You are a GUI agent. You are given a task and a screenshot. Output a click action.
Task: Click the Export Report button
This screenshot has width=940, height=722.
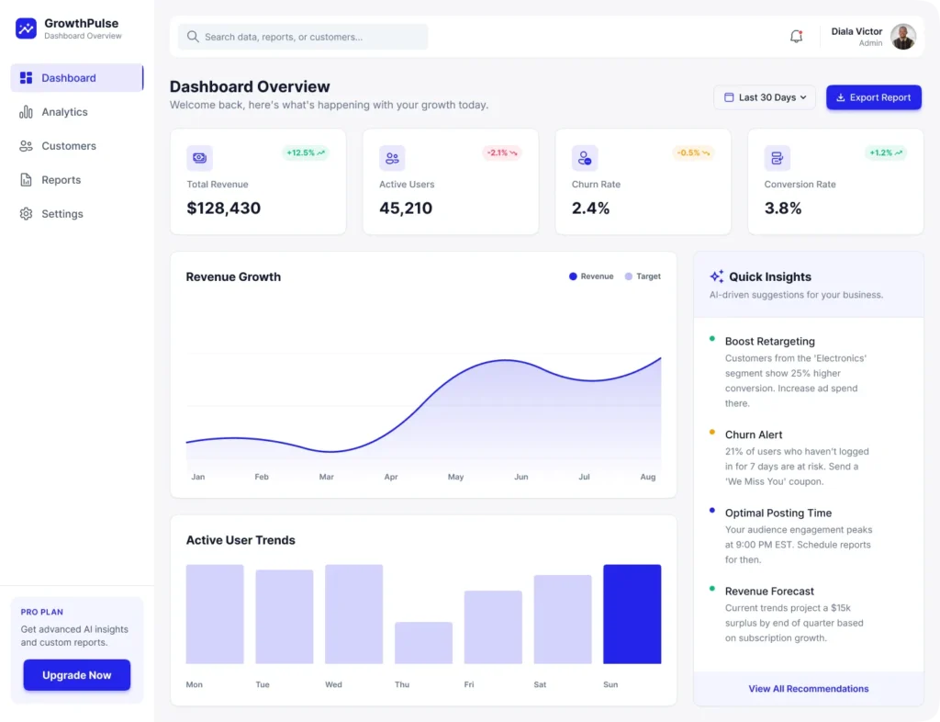click(873, 97)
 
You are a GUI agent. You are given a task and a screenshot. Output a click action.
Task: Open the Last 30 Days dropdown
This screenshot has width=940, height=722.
click(764, 97)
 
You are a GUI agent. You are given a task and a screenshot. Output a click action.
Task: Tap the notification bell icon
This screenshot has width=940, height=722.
click(796, 37)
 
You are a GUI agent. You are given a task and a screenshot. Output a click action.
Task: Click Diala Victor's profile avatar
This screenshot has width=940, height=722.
click(903, 37)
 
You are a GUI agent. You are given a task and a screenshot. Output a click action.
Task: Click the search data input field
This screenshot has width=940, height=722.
click(303, 37)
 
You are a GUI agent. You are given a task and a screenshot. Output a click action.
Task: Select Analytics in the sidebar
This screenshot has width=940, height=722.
click(64, 112)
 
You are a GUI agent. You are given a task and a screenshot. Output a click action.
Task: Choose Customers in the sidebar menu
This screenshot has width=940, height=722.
click(68, 146)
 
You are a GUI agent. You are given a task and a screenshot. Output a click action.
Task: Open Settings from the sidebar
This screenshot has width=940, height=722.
click(62, 214)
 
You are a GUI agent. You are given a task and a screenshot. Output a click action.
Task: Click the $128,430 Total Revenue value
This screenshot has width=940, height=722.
click(223, 209)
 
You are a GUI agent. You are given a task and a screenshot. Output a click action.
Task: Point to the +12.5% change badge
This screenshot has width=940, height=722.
click(305, 152)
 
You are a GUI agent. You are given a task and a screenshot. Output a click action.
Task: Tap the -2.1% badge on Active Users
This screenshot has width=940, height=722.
click(501, 152)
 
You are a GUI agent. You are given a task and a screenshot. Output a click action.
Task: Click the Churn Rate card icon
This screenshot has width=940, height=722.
click(585, 158)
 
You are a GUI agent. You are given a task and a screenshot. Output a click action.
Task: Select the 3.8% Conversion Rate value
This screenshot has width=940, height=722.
click(783, 209)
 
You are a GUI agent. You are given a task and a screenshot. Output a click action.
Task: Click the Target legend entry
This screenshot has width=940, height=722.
click(643, 276)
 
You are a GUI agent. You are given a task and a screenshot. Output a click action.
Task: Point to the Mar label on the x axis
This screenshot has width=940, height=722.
click(326, 477)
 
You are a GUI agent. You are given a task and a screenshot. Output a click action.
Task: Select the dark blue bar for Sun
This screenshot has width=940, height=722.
click(632, 614)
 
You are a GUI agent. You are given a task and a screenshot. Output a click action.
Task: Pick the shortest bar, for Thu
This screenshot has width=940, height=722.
click(423, 642)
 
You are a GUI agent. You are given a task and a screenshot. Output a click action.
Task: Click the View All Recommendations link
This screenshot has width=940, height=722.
click(808, 688)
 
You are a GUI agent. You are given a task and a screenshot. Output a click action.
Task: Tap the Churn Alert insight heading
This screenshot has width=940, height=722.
click(754, 434)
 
